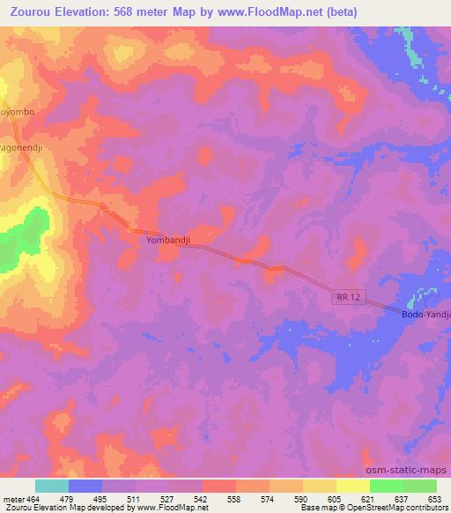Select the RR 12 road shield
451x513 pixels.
tap(349, 299)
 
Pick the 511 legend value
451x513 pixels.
tap(137, 497)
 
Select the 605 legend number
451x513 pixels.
tap(336, 497)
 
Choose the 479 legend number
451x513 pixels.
tap(70, 497)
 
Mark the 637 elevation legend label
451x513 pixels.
tap(403, 497)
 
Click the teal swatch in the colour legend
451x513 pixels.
tap(52, 486)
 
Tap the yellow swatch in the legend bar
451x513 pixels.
tap(352, 486)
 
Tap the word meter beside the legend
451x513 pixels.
tap(11, 497)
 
